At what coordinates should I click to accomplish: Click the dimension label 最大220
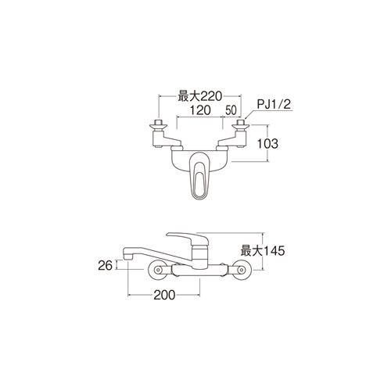[199, 97]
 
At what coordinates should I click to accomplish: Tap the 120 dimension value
[199, 110]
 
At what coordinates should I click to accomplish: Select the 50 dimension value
[231, 110]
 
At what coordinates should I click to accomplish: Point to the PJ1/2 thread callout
[274, 105]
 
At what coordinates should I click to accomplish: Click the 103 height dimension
[267, 143]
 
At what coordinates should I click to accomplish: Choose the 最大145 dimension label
[263, 251]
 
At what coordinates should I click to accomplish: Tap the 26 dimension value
[105, 265]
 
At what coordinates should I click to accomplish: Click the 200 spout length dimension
[164, 295]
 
